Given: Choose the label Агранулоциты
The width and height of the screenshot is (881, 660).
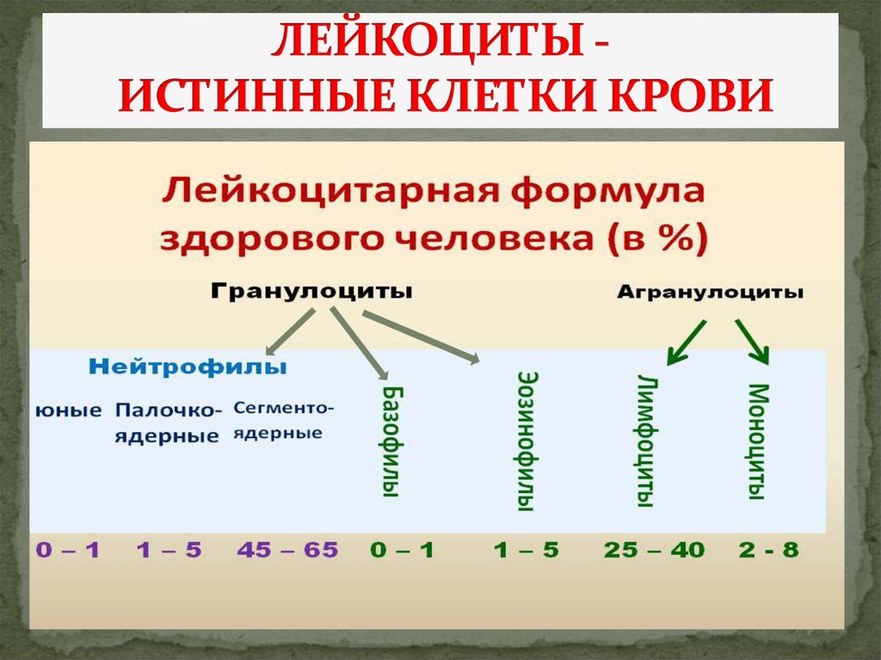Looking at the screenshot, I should coord(710,293).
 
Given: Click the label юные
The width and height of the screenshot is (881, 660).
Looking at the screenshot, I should coord(68,410).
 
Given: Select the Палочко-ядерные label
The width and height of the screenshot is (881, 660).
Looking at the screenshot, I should coord(168,423).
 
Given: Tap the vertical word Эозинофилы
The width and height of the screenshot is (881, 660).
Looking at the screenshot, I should coord(527,441).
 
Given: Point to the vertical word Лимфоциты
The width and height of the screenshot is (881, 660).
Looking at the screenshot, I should coord(648,440).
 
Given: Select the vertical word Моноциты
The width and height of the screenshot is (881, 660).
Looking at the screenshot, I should coord(755,441).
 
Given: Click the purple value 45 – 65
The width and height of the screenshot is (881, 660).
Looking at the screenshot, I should coord(286,550).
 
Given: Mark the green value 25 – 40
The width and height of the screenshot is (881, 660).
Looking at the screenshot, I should coord(653,550).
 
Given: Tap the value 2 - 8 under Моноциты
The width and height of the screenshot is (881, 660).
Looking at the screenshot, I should coord(768,550).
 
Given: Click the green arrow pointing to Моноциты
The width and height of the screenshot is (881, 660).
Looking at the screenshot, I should coord(752,341).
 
